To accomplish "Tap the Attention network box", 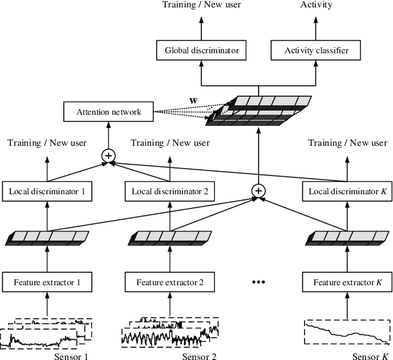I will (108, 112).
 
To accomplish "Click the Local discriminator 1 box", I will (47, 192).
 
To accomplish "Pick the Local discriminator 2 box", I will (170, 192).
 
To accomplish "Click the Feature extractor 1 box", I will (47, 283).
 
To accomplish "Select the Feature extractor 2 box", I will (170, 283).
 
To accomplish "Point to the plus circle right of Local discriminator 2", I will (259, 191).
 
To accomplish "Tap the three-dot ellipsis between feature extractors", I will (259, 283).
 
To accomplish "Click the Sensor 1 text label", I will (73, 354).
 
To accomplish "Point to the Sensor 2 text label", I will (200, 354).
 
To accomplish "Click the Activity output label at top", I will (317, 6).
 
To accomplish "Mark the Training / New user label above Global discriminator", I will (202, 6).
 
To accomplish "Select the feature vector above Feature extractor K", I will (346, 237).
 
